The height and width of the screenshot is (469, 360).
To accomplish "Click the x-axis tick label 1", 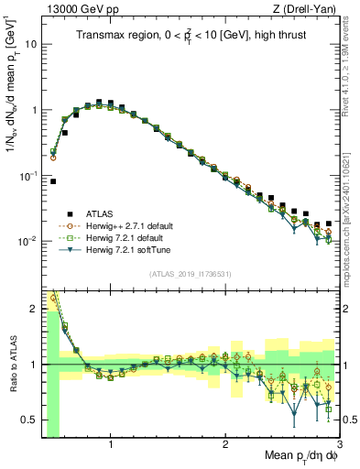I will [x=111, y=444].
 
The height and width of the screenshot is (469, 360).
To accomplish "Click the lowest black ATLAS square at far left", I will [x=52, y=181].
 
